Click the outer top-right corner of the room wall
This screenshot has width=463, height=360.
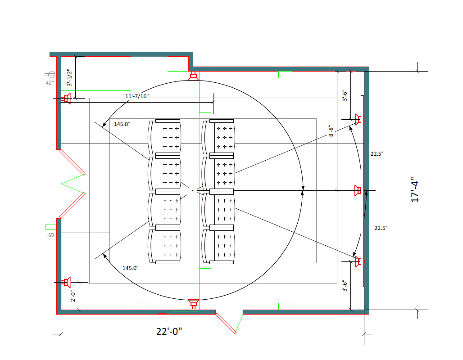369,67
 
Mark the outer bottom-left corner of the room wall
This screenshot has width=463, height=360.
56,314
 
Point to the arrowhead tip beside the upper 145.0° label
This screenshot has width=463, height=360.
102,127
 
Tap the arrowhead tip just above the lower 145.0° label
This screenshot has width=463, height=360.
103,254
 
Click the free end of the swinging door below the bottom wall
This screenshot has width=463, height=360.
236,333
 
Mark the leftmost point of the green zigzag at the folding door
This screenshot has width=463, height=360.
61,184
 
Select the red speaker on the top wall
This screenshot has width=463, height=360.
193,76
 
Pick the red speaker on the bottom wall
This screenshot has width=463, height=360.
193,304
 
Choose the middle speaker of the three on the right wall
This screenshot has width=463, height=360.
358,191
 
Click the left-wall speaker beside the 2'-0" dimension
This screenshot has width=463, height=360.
67,282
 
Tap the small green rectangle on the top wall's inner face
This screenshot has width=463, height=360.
285,75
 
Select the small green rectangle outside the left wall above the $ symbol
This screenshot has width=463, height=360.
50,227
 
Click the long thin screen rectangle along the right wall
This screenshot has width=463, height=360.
362,191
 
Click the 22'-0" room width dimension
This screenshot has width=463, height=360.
169,331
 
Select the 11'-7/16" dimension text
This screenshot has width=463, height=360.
137,96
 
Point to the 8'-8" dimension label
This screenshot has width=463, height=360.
331,131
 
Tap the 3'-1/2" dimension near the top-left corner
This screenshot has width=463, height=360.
70,77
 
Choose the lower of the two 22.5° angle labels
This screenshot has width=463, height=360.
381,228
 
